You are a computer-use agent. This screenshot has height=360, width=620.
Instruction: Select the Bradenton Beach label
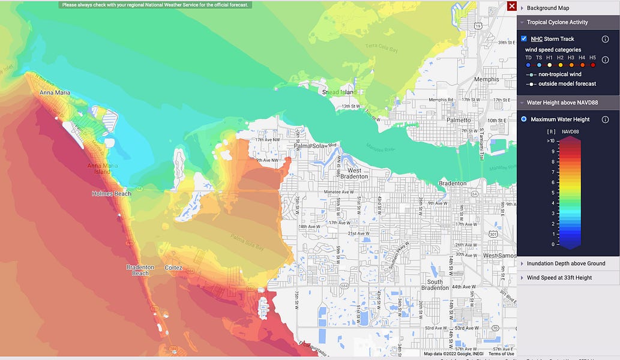coord(140,270)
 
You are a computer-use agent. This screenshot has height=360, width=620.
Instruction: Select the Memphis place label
coord(486,79)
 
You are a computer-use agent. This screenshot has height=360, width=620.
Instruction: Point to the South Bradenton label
coord(435,284)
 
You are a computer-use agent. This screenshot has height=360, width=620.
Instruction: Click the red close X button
coord(511,6)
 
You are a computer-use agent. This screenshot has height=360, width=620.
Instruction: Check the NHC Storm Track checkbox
coord(524,39)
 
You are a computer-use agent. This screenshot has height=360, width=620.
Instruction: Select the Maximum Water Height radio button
coord(524,119)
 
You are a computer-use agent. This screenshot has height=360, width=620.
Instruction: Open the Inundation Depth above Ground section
coord(565,263)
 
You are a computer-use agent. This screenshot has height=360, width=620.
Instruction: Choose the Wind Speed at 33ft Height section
coord(559,278)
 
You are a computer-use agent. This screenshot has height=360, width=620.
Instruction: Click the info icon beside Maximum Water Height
coord(605,119)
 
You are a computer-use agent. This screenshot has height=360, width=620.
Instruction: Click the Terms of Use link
coord(501,354)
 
